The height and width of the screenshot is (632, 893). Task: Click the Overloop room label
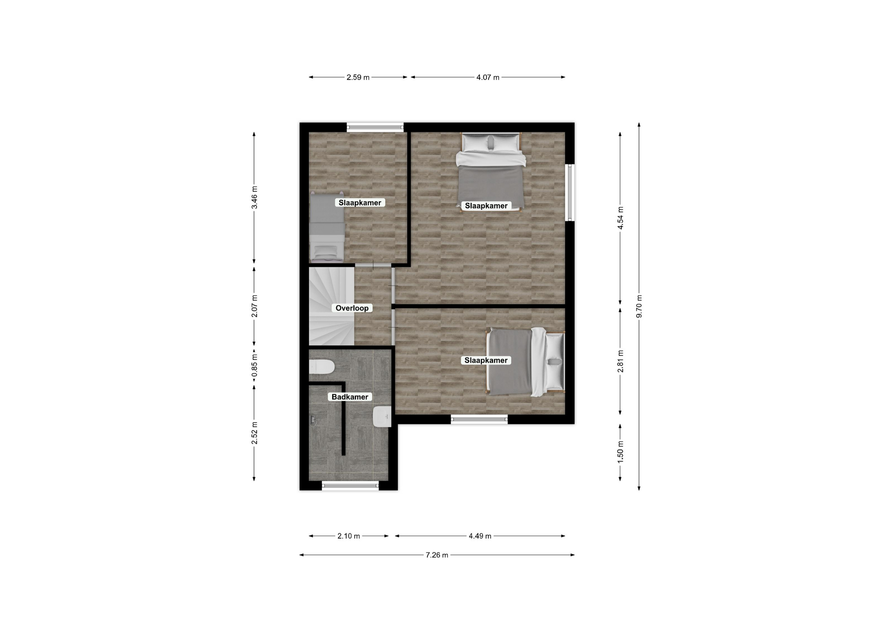click(352, 308)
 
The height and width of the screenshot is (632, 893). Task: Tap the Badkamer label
click(350, 397)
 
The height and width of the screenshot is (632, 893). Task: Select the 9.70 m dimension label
click(639, 307)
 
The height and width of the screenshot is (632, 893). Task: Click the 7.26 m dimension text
click(437, 555)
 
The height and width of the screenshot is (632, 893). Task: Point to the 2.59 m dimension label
click(358, 77)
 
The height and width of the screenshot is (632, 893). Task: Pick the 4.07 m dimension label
click(487, 77)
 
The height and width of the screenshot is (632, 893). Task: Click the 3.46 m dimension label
click(254, 199)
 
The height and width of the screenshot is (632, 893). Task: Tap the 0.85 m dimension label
click(254, 366)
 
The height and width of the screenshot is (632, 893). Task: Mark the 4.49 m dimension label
click(480, 536)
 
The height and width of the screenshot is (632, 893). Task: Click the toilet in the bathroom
click(322, 367)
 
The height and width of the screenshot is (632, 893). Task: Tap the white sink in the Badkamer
click(382, 417)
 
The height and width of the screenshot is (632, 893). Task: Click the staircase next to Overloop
click(332, 305)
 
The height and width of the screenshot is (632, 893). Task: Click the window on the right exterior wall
click(570, 192)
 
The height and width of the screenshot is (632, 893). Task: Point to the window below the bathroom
click(350, 486)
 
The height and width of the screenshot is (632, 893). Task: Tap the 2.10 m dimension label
click(349, 536)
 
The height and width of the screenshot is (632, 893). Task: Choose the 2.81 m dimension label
click(620, 361)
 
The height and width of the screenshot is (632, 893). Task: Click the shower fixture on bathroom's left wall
click(313, 421)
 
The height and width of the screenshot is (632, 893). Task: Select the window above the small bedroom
click(375, 127)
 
